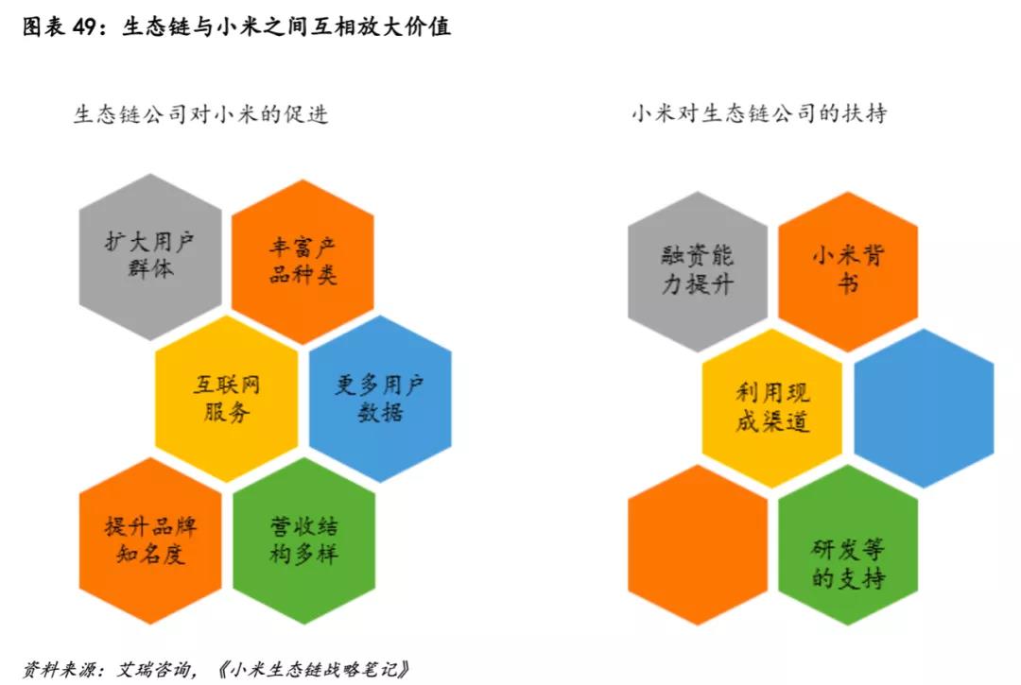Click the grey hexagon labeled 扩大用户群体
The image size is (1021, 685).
[150, 256]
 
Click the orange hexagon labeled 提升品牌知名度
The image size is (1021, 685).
[150, 540]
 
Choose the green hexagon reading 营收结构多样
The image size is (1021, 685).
[303, 540]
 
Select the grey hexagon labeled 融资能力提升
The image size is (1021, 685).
[698, 270]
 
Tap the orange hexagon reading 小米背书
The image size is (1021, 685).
[848, 270]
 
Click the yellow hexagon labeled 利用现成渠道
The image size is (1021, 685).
[772, 407]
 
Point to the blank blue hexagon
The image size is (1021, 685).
[924, 408]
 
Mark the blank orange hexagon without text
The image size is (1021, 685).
[698, 545]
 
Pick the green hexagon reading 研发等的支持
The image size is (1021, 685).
[848, 563]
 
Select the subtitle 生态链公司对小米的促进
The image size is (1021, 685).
[201, 114]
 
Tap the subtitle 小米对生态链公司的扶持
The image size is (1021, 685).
[759, 114]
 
